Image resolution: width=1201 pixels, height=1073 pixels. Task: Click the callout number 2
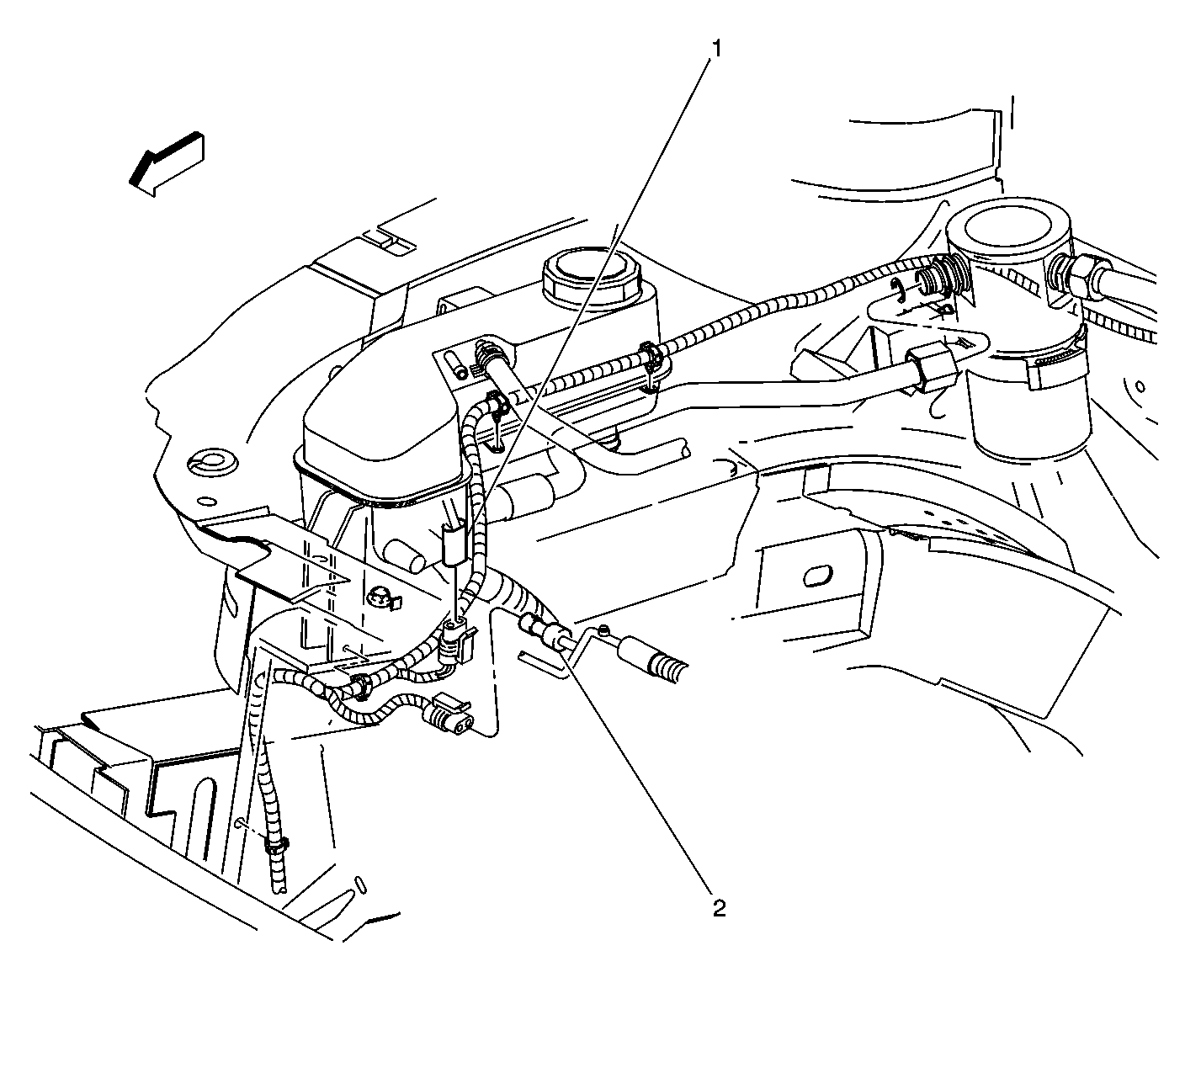[718, 908]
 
